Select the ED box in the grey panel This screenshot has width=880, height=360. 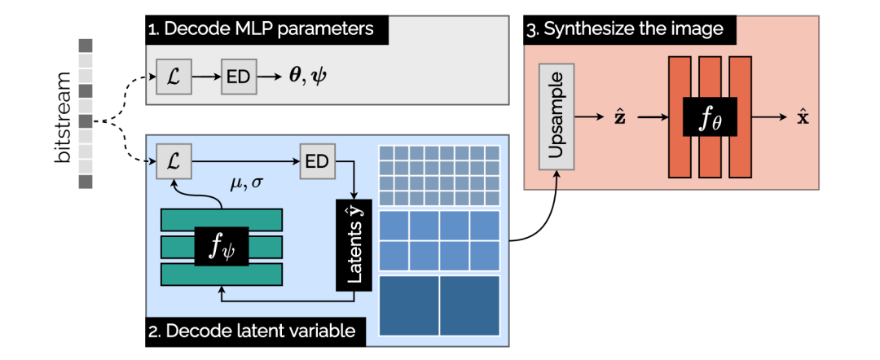(239, 78)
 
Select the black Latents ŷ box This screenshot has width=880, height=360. (354, 244)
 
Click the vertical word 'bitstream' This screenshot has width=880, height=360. (64, 117)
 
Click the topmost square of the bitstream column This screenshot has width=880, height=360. (86, 45)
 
